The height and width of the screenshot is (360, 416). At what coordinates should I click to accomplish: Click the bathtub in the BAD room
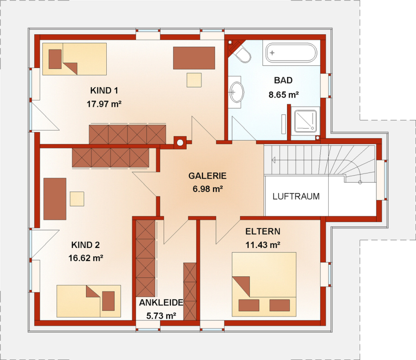click(291, 53)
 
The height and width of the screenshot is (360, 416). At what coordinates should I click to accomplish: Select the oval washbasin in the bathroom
click(236, 92)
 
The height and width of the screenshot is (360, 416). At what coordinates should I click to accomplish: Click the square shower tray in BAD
click(305, 121)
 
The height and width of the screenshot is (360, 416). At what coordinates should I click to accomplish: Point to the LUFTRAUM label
click(296, 196)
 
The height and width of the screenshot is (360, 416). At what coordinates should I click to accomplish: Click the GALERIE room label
click(208, 176)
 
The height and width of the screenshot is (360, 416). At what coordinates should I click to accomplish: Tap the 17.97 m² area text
click(104, 104)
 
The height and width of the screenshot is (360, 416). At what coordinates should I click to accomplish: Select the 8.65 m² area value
click(284, 94)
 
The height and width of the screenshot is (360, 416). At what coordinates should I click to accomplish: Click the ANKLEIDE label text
click(161, 302)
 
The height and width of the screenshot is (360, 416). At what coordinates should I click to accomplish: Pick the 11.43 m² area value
click(263, 245)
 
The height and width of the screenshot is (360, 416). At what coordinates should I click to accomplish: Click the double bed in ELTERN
click(264, 284)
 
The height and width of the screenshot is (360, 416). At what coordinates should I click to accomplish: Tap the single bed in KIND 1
click(74, 59)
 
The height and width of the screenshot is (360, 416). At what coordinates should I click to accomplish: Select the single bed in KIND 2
click(89, 301)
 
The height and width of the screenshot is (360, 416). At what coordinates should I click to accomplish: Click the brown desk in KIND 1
click(194, 58)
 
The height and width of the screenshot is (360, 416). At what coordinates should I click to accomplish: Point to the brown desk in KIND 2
click(55, 199)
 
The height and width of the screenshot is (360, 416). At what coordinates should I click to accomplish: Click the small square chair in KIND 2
click(77, 199)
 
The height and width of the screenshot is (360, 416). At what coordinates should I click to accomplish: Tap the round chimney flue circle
click(180, 143)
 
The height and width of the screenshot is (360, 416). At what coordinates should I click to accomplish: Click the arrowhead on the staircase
click(273, 160)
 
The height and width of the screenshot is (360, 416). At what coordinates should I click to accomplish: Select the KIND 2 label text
click(86, 245)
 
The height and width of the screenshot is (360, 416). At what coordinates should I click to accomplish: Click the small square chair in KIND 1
click(194, 80)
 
